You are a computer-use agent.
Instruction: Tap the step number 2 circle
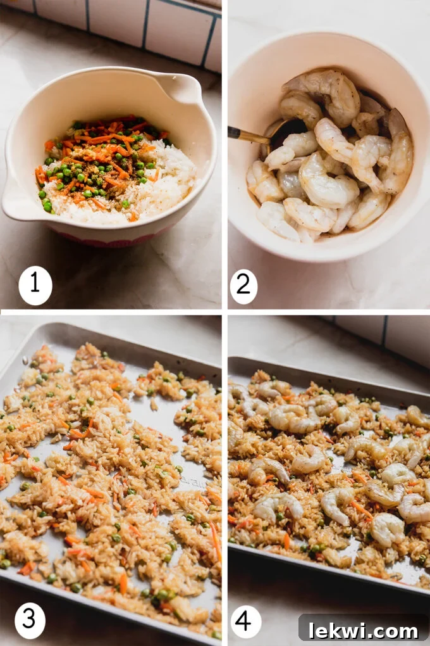tap(243, 286)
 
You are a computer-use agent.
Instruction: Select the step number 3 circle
tap(30, 620)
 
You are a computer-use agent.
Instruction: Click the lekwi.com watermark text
tap(363, 630)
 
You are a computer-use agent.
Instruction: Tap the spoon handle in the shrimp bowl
tap(248, 135)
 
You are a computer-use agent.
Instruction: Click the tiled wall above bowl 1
tap(126, 22)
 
